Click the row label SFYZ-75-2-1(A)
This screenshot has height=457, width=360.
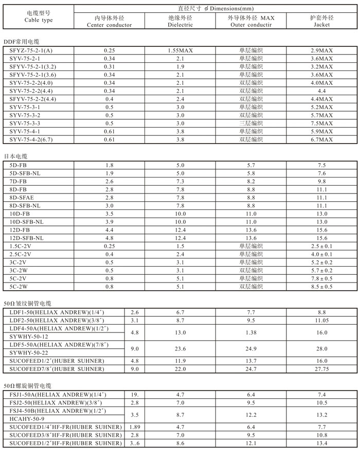pyautogui.click(x=31, y=51)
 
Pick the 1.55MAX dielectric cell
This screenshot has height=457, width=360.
pyautogui.click(x=180, y=51)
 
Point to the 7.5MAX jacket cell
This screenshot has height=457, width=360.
pyautogui.click(x=322, y=124)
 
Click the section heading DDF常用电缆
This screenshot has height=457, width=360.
pyautogui.click(x=21, y=41)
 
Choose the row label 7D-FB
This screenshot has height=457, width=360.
pyautogui.click(x=18, y=182)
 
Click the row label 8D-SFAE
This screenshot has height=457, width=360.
pyautogui.click(x=21, y=198)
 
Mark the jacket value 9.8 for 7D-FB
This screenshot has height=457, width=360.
pyautogui.click(x=322, y=182)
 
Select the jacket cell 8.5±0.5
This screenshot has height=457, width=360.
pyautogui.click(x=322, y=287)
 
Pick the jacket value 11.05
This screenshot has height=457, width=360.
pyautogui.click(x=322, y=320)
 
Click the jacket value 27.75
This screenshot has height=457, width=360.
pyautogui.click(x=322, y=369)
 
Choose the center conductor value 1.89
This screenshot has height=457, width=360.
pyautogui.click(x=135, y=427)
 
